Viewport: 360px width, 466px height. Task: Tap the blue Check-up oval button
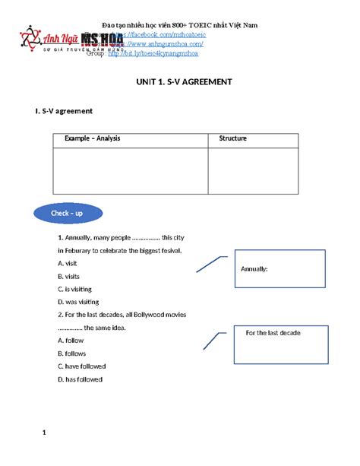68,213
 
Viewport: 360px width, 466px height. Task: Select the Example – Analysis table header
92,139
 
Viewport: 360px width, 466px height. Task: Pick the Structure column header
232,139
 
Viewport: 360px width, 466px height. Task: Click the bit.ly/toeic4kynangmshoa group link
153,54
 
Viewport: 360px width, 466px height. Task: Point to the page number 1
45,433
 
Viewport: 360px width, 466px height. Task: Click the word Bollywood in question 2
138,315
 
